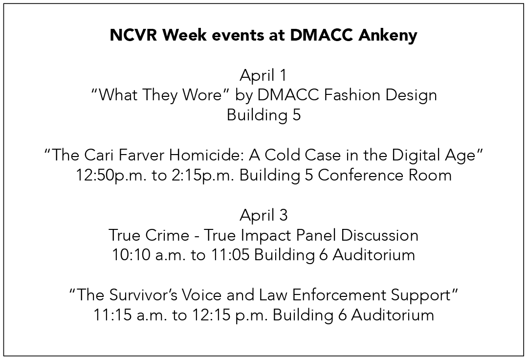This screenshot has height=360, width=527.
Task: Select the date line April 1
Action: click(263, 75)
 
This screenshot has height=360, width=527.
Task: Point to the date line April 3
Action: click(263, 215)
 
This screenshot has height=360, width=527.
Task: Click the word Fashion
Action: click(351, 94)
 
